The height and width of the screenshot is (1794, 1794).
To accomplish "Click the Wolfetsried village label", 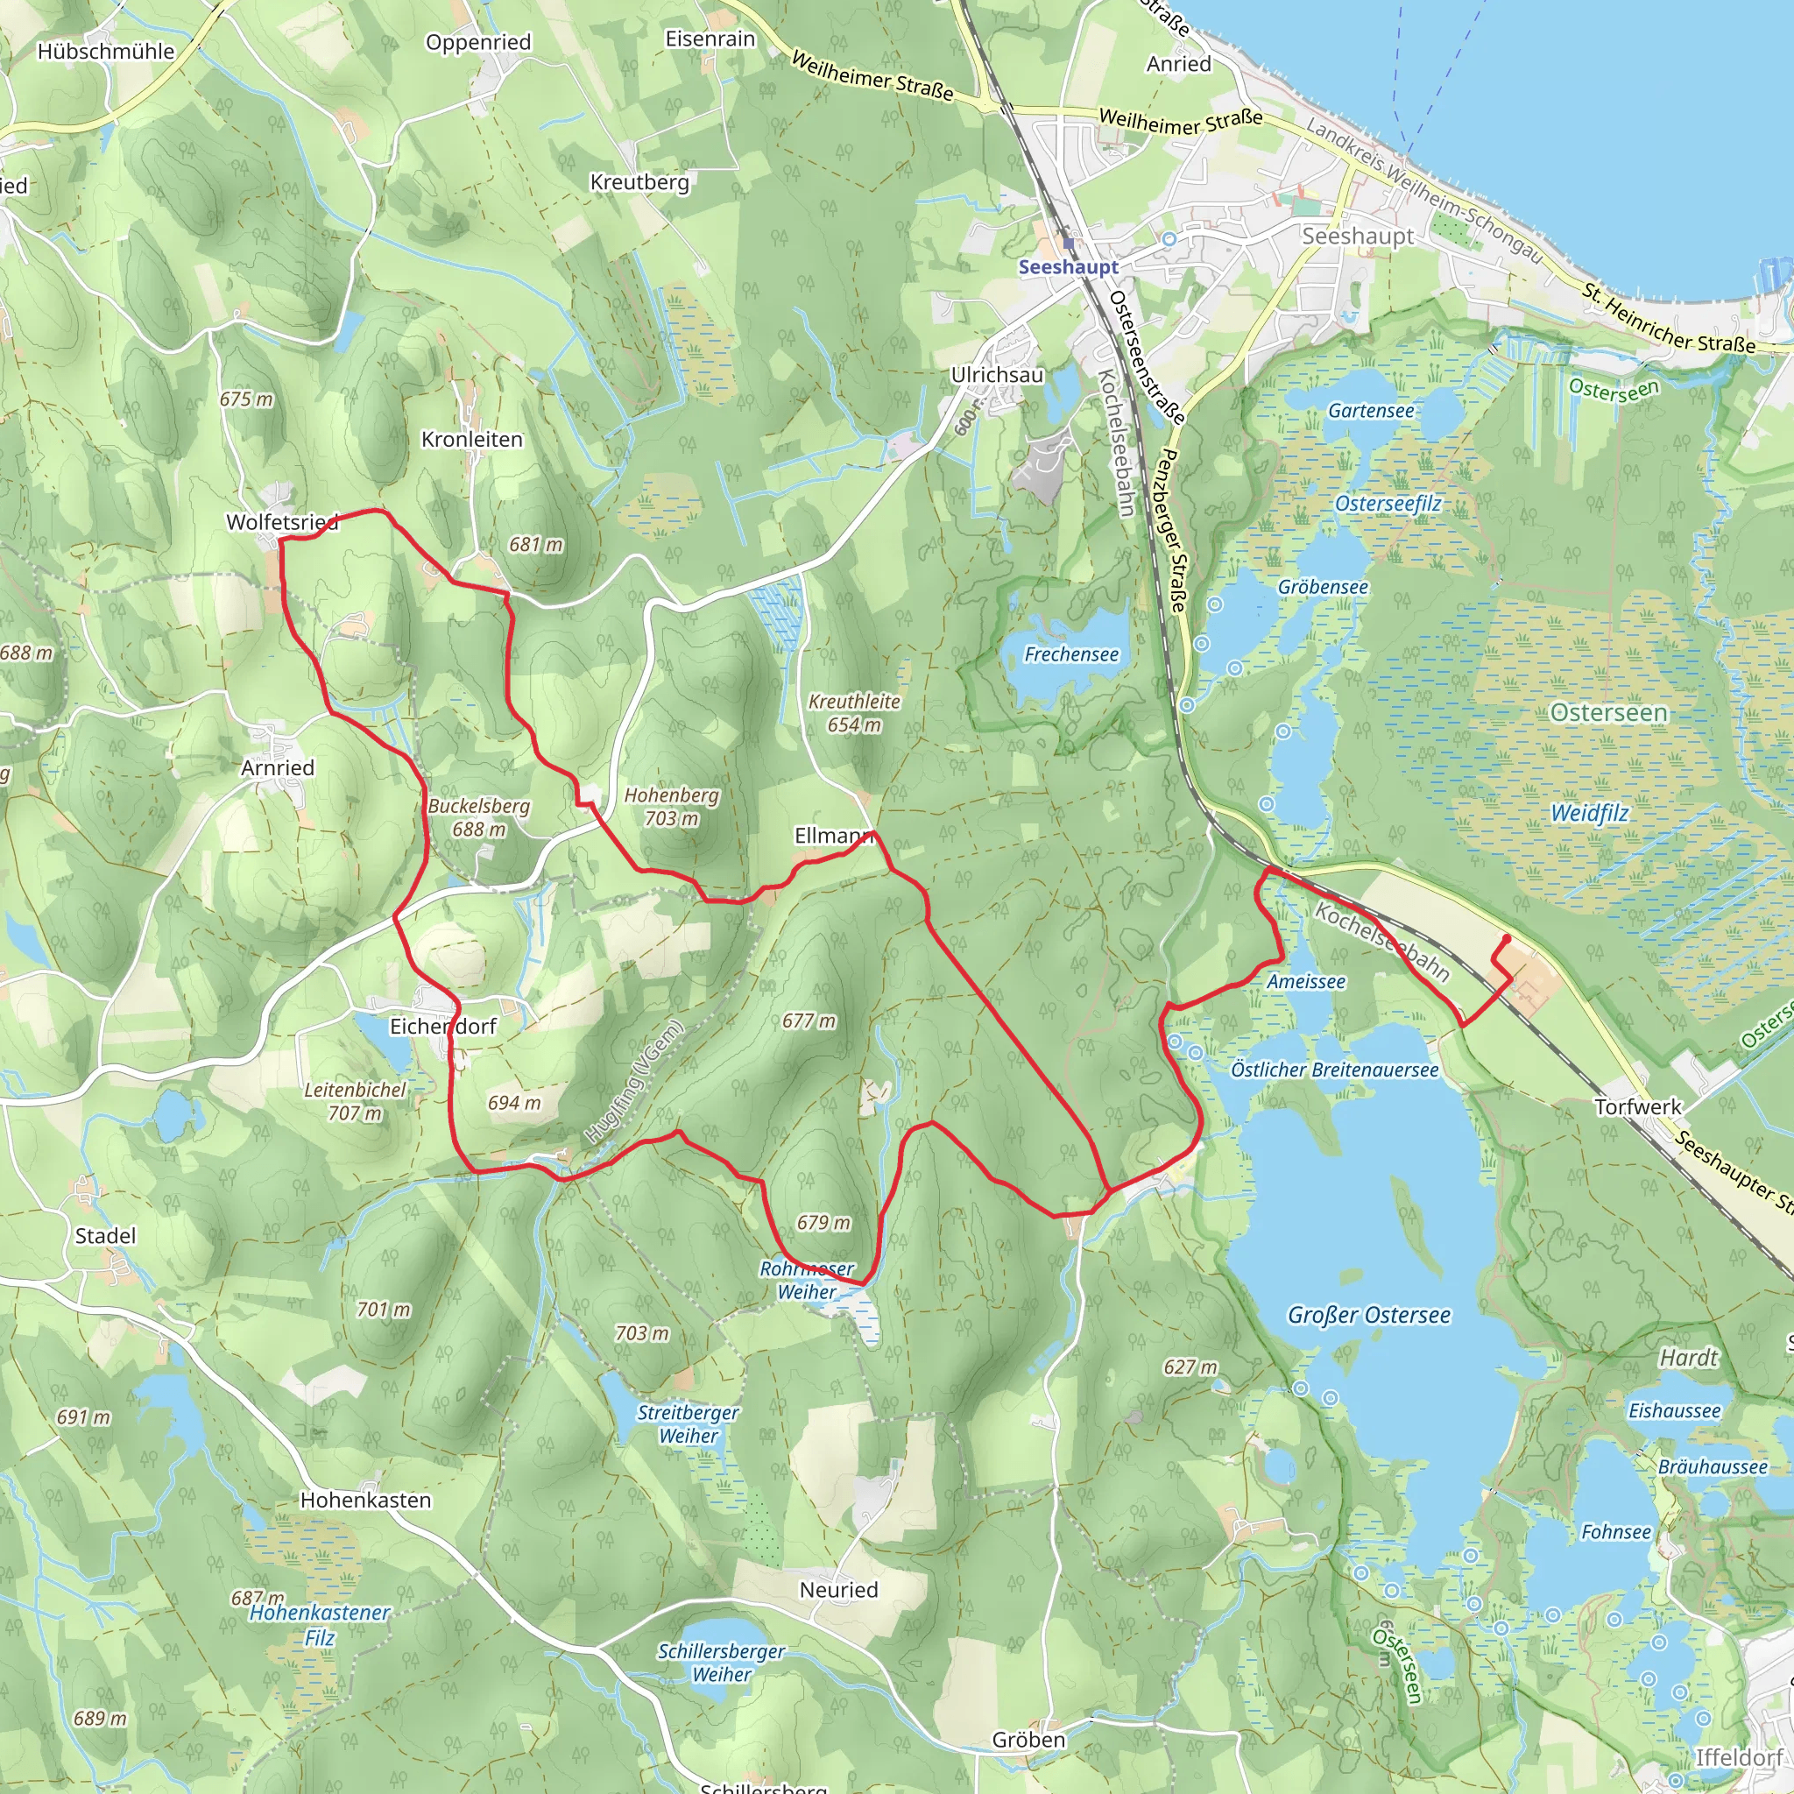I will click(x=281, y=522).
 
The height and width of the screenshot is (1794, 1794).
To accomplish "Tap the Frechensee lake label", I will click(x=1070, y=654).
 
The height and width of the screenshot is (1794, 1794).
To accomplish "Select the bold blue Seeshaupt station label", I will click(x=1068, y=267).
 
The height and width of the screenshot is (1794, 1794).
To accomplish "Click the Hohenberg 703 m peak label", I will click(x=671, y=807).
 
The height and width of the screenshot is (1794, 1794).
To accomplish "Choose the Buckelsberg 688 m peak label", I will click(x=478, y=818).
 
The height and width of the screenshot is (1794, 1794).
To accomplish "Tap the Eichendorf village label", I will click(x=442, y=1026).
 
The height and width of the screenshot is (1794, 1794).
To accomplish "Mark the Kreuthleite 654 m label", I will click(x=853, y=713).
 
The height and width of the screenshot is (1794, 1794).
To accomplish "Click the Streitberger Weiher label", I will click(x=687, y=1423).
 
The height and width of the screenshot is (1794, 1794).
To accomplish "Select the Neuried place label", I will click(x=837, y=1590).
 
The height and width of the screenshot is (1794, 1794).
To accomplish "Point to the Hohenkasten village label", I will click(x=365, y=1500).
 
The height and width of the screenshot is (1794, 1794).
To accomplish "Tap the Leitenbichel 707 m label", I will click(x=355, y=1101).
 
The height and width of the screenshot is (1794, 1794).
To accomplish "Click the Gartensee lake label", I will click(x=1371, y=411).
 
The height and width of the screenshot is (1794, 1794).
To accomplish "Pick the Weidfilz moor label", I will click(x=1589, y=814).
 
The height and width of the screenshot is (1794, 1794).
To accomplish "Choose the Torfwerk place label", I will click(x=1637, y=1107).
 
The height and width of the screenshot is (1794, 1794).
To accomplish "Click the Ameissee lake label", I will click(x=1305, y=981).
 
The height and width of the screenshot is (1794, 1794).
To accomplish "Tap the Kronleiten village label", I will click(x=472, y=439).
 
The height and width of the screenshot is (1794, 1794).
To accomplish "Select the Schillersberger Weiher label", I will click(x=721, y=1663).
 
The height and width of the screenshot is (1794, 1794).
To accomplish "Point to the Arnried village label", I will click(x=277, y=768).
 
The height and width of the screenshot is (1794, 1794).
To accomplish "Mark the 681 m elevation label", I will click(x=535, y=545).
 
